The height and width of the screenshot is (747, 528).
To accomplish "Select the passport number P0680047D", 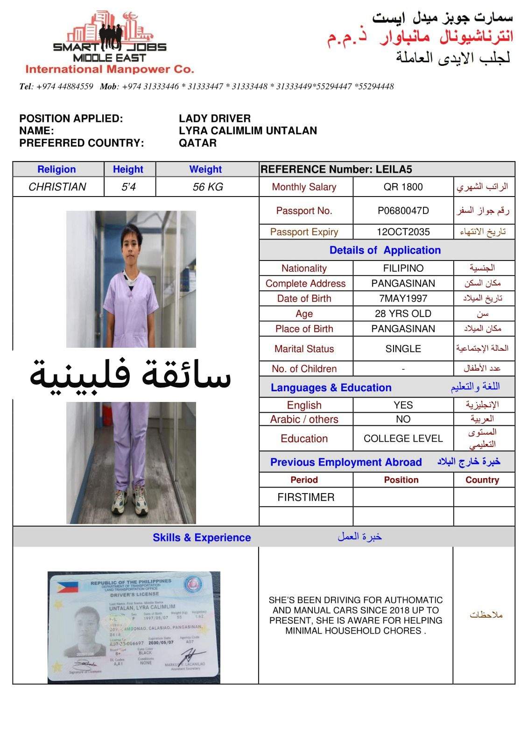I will [403, 211].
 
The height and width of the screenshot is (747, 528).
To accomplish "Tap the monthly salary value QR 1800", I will [403, 187].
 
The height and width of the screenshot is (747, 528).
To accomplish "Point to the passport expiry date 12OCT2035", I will [403, 232].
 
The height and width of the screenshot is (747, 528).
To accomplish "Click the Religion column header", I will [56, 169].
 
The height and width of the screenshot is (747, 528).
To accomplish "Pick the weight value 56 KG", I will [207, 187].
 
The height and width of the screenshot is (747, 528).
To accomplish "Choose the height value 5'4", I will [128, 187].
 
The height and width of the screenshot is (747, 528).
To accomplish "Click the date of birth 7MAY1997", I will [403, 298].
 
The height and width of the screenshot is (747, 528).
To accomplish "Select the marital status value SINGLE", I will [403, 349].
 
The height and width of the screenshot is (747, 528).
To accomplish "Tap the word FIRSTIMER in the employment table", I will [306, 497].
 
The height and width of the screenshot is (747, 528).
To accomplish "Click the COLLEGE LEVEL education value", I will [403, 438].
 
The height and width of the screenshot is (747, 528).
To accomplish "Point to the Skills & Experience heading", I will [202, 537].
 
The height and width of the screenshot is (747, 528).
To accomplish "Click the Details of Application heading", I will [385, 250].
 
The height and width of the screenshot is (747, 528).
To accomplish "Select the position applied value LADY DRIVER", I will [215, 119].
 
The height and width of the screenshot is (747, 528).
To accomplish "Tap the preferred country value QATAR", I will [197, 143].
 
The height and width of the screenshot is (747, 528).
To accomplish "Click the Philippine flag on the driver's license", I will [67, 587].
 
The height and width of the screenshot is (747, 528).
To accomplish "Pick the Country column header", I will [482, 480].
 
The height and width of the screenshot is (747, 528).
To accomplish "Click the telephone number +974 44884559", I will [64, 86].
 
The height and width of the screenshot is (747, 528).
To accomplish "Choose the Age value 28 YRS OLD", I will [403, 313].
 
